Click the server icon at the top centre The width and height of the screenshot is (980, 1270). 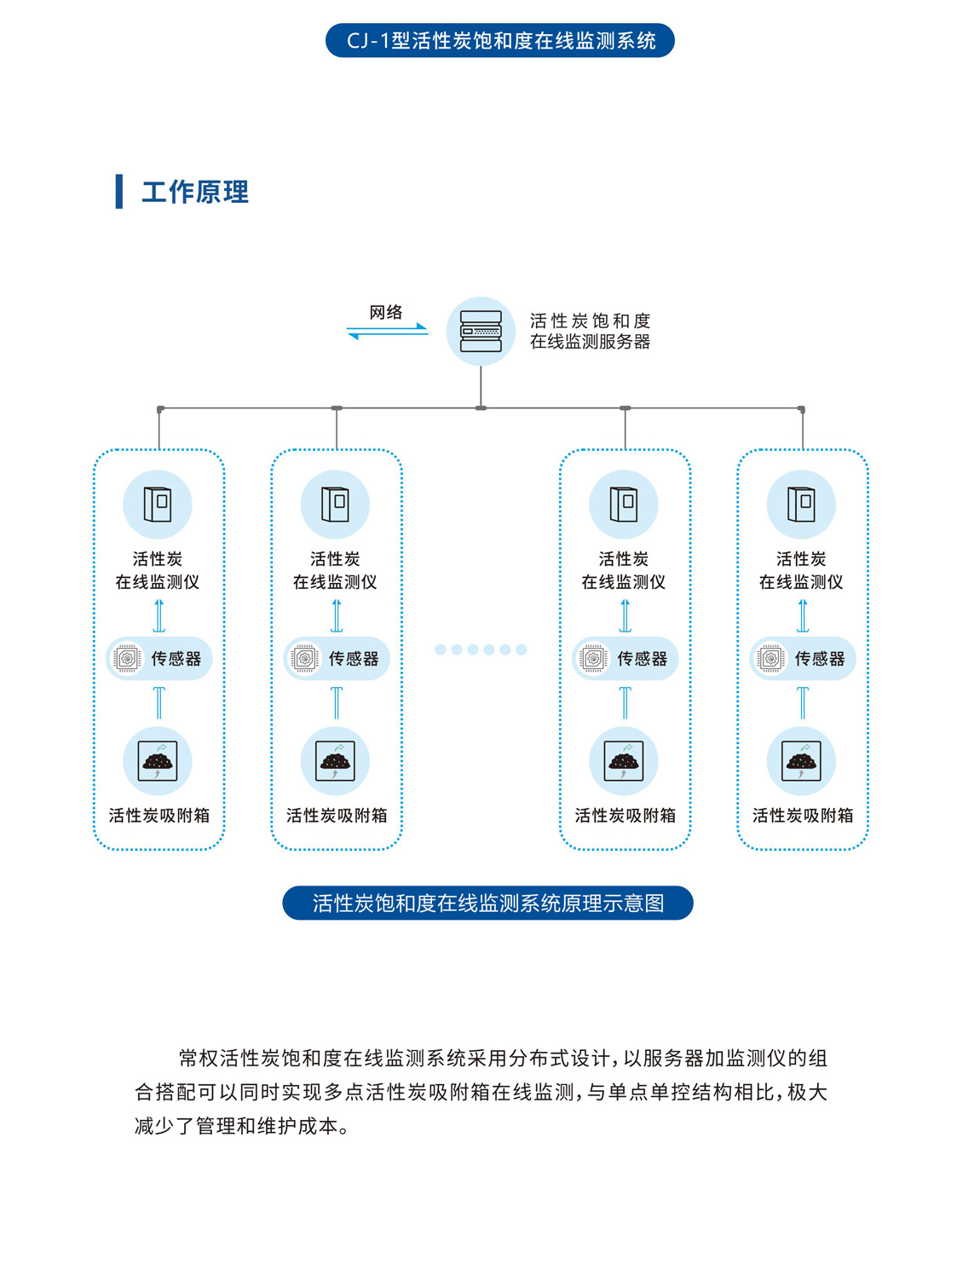tap(481, 332)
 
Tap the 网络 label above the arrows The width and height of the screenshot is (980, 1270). tap(386, 312)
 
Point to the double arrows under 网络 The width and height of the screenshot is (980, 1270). tap(387, 331)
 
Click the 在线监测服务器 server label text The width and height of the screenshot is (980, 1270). tap(590, 342)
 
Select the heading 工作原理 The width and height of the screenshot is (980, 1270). tap(195, 192)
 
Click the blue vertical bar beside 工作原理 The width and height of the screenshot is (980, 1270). tap(119, 192)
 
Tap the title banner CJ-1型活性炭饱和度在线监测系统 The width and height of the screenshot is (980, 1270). tap(500, 41)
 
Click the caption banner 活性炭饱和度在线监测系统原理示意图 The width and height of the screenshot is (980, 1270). tap(487, 903)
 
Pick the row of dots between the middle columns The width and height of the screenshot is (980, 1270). tap(481, 649)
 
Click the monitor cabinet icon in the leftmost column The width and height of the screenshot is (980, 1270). tap(158, 505)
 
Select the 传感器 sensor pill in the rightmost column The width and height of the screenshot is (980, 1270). tap(802, 659)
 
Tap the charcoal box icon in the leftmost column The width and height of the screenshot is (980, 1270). tap(158, 760)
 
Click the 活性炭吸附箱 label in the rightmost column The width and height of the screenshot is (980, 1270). tap(802, 816)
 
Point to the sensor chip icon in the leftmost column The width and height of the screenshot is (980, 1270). tap(127, 659)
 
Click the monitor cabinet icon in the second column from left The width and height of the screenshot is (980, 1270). tap(335, 505)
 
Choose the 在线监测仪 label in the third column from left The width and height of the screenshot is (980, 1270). tap(624, 582)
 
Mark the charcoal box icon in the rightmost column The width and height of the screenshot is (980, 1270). tap(801, 760)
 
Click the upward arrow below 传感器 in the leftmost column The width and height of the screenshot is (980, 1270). tap(159, 703)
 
